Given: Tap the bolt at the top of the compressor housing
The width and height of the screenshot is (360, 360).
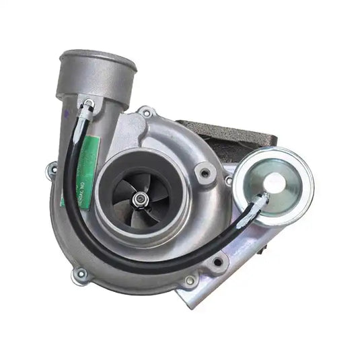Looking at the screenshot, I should (x=146, y=112).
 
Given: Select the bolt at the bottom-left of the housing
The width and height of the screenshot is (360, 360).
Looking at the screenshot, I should (x=81, y=274).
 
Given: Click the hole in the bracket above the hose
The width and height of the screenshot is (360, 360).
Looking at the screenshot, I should (x=217, y=261).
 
